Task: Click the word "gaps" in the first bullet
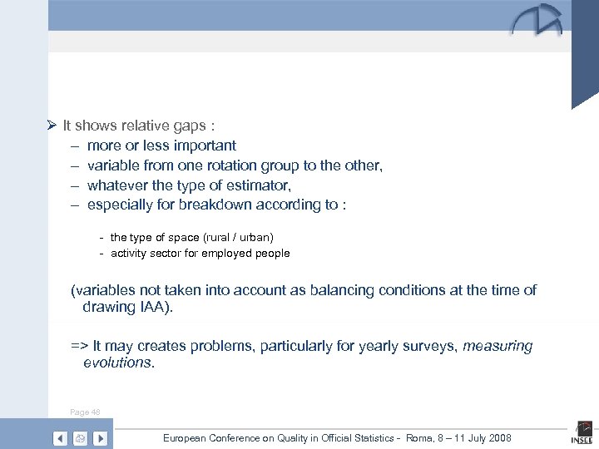click(191, 126)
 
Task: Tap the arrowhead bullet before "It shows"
click(51, 126)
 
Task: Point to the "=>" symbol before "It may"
click(80, 346)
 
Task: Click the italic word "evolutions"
click(117, 363)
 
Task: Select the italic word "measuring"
click(498, 346)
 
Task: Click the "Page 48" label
click(86, 412)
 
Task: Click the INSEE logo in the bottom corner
click(581, 433)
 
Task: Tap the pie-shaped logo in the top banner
click(536, 21)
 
